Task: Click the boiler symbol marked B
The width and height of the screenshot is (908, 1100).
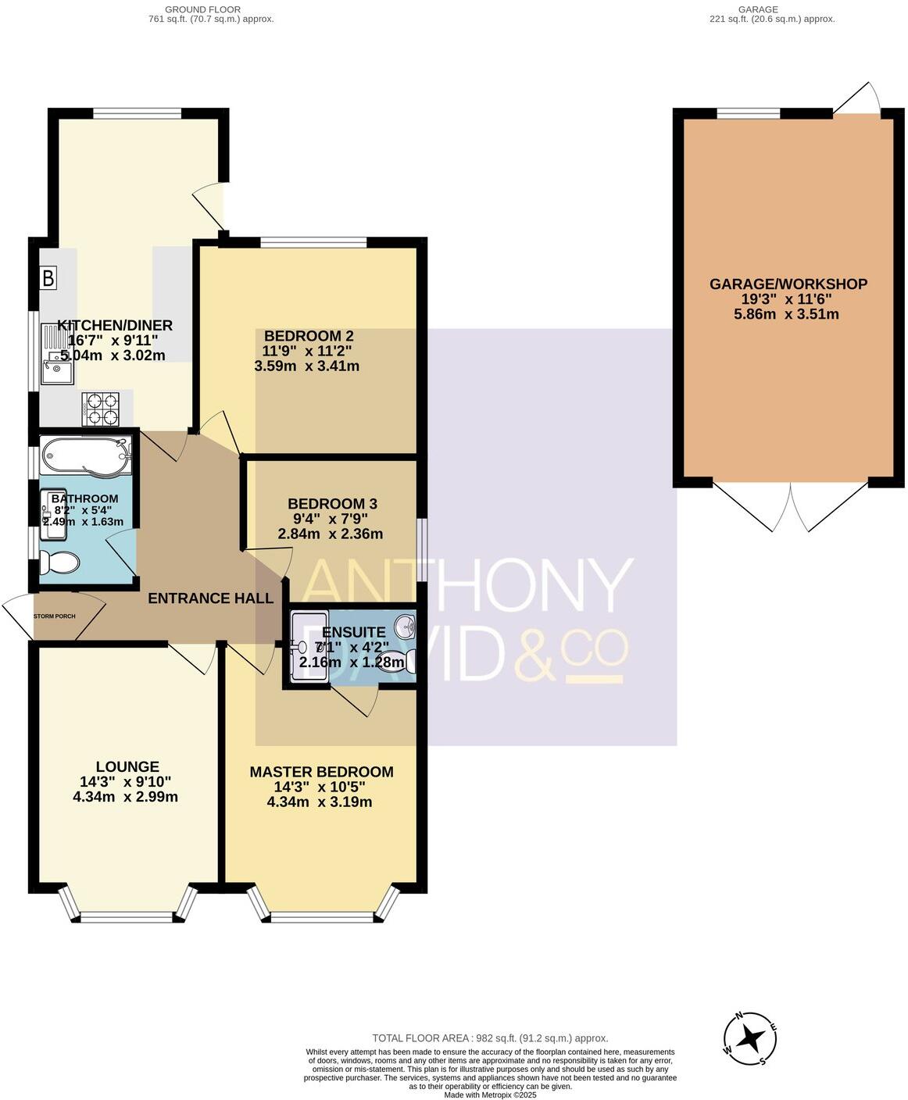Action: pyautogui.click(x=48, y=277)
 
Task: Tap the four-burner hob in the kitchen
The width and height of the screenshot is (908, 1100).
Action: pyautogui.click(x=101, y=408)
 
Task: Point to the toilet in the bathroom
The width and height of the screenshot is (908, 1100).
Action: pyautogui.click(x=60, y=562)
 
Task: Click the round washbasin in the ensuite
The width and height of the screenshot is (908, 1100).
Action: pyautogui.click(x=405, y=626)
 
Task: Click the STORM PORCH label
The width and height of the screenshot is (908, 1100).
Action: pyautogui.click(x=55, y=616)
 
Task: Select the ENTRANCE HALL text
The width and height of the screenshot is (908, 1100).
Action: pyautogui.click(x=210, y=598)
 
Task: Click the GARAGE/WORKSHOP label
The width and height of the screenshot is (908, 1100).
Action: pyautogui.click(x=788, y=284)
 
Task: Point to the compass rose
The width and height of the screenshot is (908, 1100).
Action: pyautogui.click(x=751, y=1038)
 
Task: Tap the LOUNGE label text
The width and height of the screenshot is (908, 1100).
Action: pyautogui.click(x=127, y=767)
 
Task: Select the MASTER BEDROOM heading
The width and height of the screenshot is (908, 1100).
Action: pyautogui.click(x=321, y=772)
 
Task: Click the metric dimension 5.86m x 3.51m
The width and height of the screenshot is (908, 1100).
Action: pyautogui.click(x=788, y=314)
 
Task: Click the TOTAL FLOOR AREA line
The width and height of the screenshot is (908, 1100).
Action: pyautogui.click(x=489, y=1038)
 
